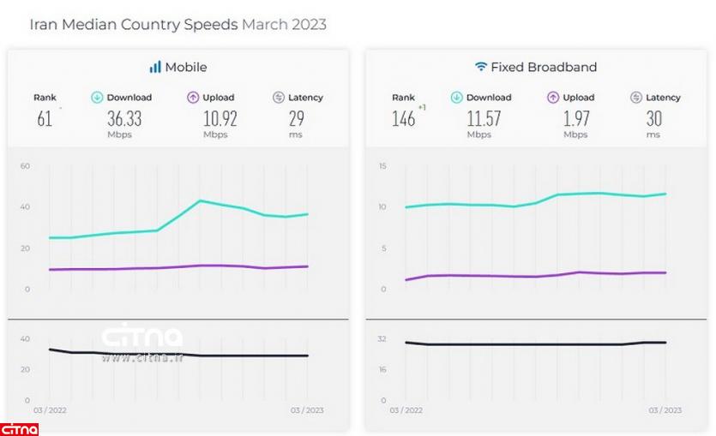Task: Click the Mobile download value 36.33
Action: coord(124,119)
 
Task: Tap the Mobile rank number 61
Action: coord(45,119)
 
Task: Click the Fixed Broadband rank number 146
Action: coord(403,119)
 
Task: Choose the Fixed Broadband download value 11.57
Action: coord(483,119)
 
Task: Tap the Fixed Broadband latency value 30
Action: coord(653,119)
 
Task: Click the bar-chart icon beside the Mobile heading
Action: coord(155,67)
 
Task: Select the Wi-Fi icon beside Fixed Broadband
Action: coord(481,67)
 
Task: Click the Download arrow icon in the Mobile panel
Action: coord(97,98)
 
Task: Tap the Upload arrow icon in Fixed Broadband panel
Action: coord(553,98)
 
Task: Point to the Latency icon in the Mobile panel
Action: coord(278,98)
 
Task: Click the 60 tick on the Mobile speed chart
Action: coord(25,165)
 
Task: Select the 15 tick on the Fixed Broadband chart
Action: coord(382,165)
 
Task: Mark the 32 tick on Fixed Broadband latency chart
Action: coord(382,339)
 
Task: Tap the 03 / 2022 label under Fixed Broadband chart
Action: coord(407,410)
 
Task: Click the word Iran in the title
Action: coord(44,25)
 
